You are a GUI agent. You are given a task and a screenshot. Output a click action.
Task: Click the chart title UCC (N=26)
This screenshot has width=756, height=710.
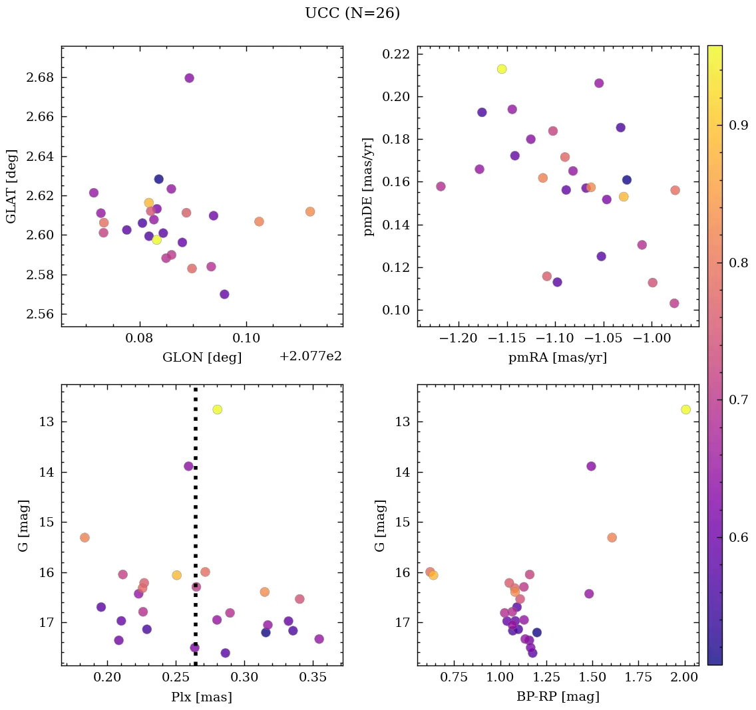352,13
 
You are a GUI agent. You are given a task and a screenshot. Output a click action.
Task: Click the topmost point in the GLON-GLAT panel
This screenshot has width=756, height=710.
189,78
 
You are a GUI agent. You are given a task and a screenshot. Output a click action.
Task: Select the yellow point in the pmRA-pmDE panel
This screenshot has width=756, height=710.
502,69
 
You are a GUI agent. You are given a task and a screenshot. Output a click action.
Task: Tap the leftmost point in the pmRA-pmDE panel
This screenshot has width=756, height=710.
441,186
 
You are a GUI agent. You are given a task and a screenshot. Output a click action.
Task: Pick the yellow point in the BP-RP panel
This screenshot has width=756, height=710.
685,410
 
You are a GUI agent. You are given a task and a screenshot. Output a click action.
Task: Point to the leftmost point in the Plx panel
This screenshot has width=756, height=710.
85,537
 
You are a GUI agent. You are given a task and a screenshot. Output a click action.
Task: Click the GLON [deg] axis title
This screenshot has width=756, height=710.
202,358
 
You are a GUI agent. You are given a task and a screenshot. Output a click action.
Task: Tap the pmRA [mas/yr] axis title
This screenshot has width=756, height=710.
558,358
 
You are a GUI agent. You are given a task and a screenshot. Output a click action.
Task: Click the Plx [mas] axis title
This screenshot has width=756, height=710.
202,697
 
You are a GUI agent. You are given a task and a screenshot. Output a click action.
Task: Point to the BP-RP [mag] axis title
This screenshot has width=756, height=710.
558,697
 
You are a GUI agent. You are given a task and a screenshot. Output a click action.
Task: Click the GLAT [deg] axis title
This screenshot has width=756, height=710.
11,186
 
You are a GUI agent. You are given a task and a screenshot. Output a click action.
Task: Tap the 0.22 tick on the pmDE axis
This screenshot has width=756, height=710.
396,55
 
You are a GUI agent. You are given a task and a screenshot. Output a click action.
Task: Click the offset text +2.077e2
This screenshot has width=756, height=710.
310,356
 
